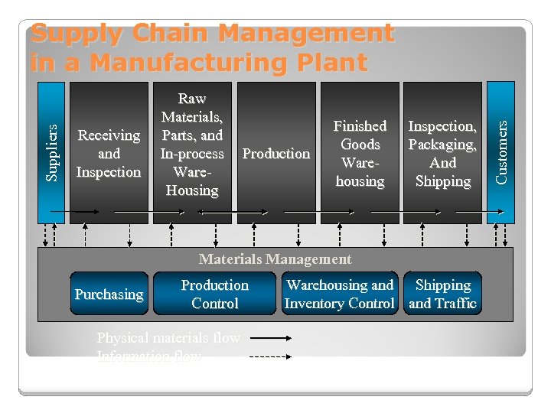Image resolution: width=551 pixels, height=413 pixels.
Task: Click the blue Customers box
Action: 501,153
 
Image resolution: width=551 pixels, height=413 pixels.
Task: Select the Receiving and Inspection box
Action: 109,153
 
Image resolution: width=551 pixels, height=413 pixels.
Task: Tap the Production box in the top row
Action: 276,153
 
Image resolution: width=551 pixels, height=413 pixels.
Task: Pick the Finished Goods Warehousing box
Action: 360,153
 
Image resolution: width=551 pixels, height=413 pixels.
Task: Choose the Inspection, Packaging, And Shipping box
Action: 442,153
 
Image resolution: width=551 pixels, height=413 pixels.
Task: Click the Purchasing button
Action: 109,294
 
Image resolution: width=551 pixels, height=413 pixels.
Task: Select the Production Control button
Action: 214,294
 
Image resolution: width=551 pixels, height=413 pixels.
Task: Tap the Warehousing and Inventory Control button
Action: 339,294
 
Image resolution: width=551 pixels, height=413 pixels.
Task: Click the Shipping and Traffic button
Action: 442,294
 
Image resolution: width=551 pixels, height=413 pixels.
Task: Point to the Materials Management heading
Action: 275,259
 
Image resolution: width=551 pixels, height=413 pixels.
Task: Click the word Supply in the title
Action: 76,34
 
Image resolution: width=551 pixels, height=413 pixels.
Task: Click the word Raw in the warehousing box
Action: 191,99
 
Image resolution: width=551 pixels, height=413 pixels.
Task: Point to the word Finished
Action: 360,126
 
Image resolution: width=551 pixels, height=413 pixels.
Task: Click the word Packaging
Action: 442,145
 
